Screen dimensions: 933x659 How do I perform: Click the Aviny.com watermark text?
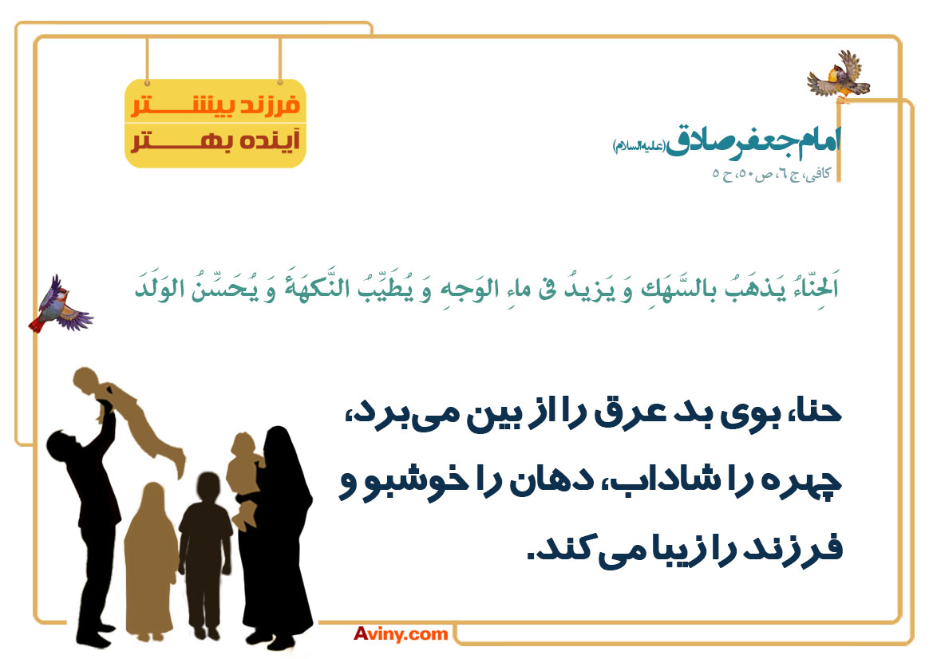401,634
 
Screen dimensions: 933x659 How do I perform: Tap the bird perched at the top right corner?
839,77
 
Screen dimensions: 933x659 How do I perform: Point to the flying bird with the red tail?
60,305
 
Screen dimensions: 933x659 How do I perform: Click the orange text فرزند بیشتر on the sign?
215,105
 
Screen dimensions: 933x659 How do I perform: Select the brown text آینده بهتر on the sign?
215,141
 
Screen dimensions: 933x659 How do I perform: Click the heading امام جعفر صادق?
753,141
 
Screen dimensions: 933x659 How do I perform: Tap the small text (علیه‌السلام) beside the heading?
638,146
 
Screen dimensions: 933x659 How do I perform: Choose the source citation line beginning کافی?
772,174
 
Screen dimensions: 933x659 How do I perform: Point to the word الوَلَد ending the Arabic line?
159,286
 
